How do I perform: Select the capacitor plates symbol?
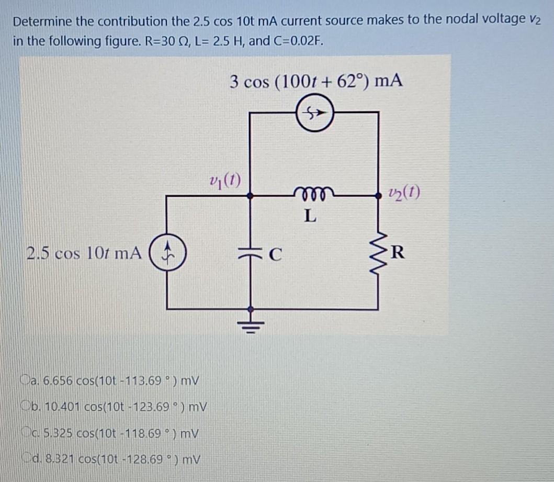[251, 252]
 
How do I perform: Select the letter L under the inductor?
[310, 216]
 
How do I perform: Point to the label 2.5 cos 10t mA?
[84, 253]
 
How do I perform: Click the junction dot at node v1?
[252, 196]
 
